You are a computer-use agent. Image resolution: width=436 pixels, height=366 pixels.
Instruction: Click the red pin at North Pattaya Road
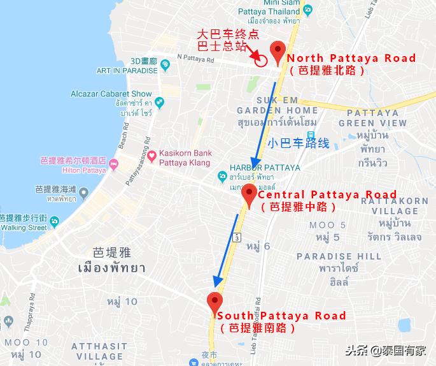278,51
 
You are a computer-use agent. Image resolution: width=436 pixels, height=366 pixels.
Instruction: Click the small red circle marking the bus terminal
260,61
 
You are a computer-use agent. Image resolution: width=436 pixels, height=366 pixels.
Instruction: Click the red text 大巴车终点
223,34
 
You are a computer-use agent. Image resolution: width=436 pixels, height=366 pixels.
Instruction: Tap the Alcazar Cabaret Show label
112,94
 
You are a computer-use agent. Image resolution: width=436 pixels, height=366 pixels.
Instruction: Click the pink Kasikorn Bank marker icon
152,156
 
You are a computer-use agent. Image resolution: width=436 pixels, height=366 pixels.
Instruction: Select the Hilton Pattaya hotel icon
114,165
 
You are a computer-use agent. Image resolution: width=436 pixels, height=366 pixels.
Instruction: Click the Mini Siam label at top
258,3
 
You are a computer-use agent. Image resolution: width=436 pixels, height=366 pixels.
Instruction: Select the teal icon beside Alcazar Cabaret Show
158,102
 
